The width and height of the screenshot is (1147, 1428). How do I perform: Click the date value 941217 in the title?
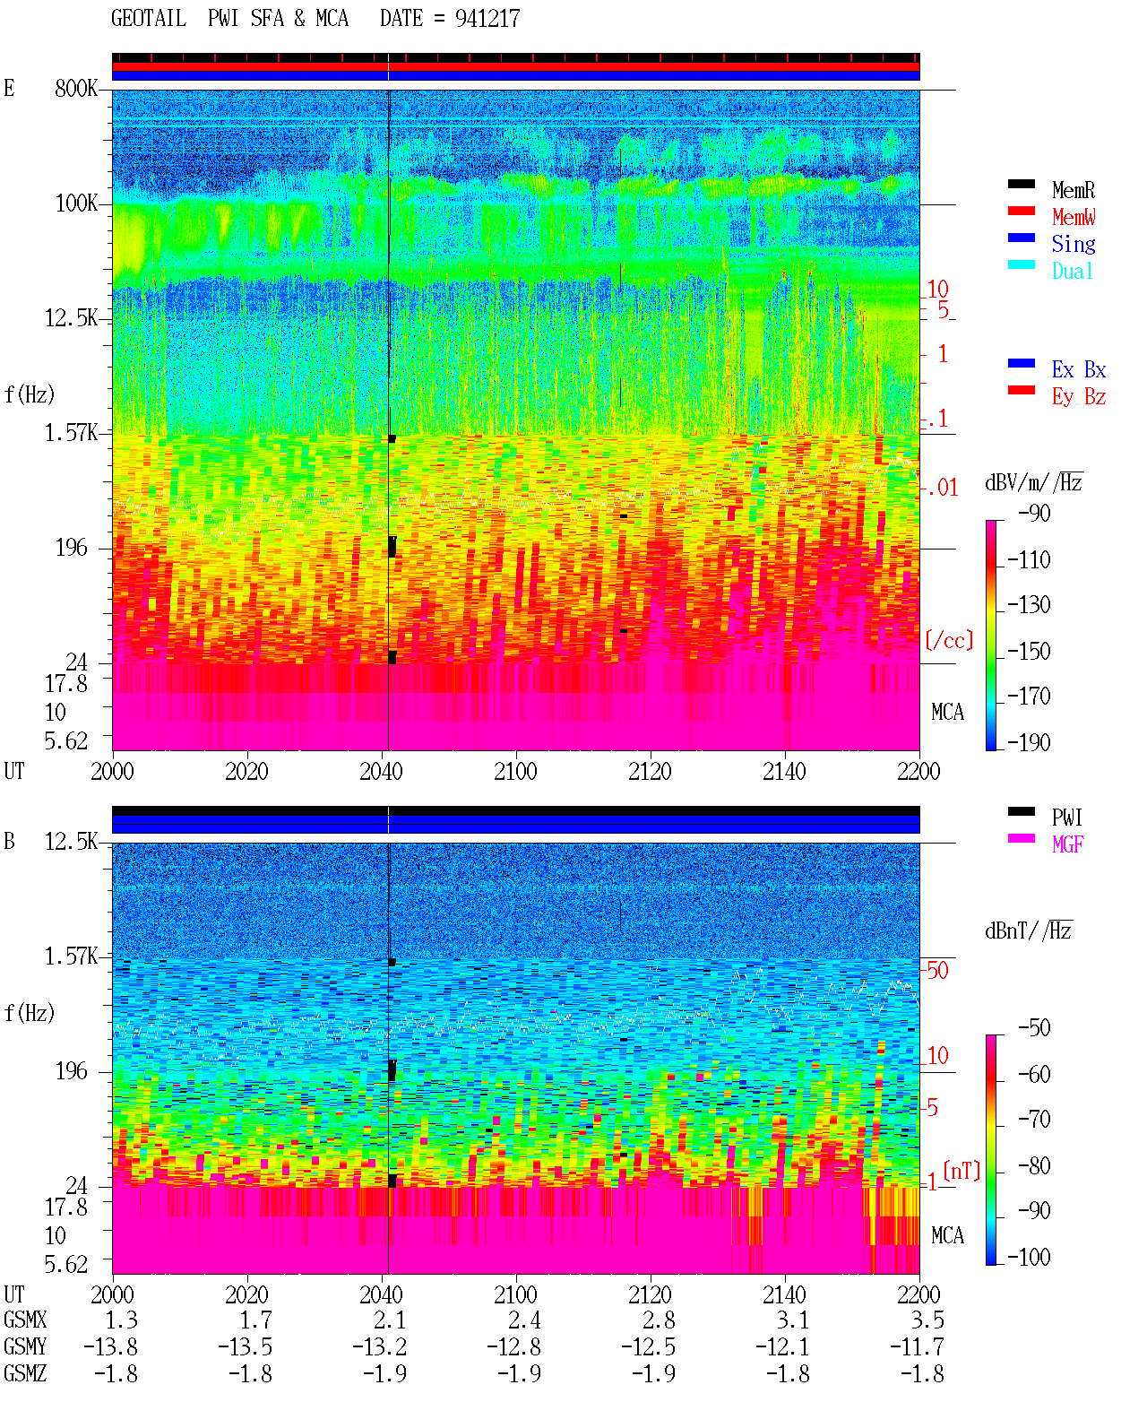tap(487, 18)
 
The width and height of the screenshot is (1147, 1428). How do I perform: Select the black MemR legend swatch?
tap(1021, 184)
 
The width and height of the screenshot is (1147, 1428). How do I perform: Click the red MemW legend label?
tap(1074, 216)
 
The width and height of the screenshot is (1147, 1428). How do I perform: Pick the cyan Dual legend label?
tap(1072, 271)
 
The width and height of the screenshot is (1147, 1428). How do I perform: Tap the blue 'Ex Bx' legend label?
tap(1079, 369)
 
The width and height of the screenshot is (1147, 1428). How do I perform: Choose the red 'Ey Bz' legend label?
tap(1079, 396)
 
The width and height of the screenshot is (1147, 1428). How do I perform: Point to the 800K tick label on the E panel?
tap(76, 88)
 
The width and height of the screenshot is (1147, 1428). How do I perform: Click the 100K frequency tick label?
tap(76, 203)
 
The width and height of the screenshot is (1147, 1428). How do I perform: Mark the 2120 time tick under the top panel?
tap(651, 771)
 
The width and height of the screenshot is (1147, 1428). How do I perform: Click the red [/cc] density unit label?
tap(949, 640)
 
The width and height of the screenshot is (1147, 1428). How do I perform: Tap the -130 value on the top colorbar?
tap(1029, 605)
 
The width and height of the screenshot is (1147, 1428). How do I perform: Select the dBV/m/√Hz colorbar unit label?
tap(1034, 482)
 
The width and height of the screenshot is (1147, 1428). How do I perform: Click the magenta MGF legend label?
tap(1068, 844)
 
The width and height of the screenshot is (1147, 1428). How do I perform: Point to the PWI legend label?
tap(1067, 817)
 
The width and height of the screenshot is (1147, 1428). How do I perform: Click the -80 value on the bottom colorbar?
tap(1034, 1165)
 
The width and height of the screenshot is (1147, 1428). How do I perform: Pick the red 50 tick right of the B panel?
tap(937, 970)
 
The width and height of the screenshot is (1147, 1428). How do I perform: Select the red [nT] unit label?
tap(962, 1171)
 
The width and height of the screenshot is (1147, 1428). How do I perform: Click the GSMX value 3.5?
tap(927, 1320)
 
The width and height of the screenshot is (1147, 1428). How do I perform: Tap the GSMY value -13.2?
tap(379, 1347)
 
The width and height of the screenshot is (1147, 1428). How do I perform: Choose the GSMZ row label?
tap(25, 1373)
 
